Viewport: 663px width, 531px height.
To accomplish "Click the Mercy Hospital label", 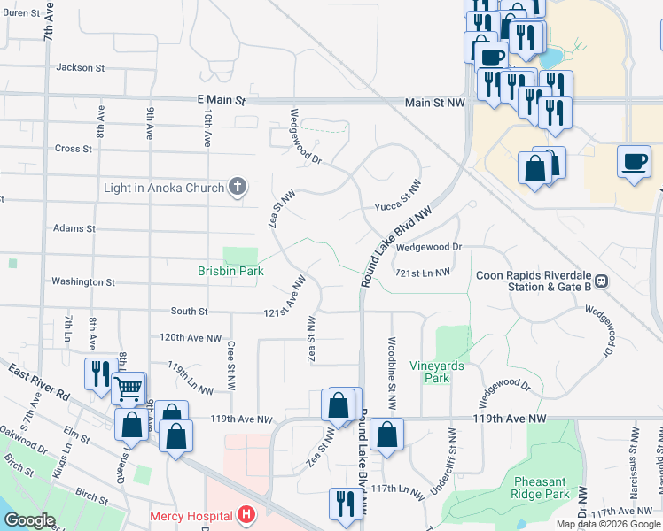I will [x=191, y=516].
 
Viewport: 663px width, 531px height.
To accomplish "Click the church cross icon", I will [x=237, y=187].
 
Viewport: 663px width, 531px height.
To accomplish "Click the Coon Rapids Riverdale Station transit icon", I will [x=600, y=281].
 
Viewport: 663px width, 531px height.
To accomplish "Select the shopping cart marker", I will [x=129, y=387].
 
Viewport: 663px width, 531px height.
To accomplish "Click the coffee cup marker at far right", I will [x=634, y=162].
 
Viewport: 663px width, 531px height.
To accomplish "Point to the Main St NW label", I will [x=434, y=104].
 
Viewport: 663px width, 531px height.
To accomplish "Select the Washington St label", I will [x=83, y=282].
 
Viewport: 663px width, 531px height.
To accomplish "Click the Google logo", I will [x=29, y=520].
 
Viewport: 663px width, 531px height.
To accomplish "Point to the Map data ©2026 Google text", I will [x=607, y=524].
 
